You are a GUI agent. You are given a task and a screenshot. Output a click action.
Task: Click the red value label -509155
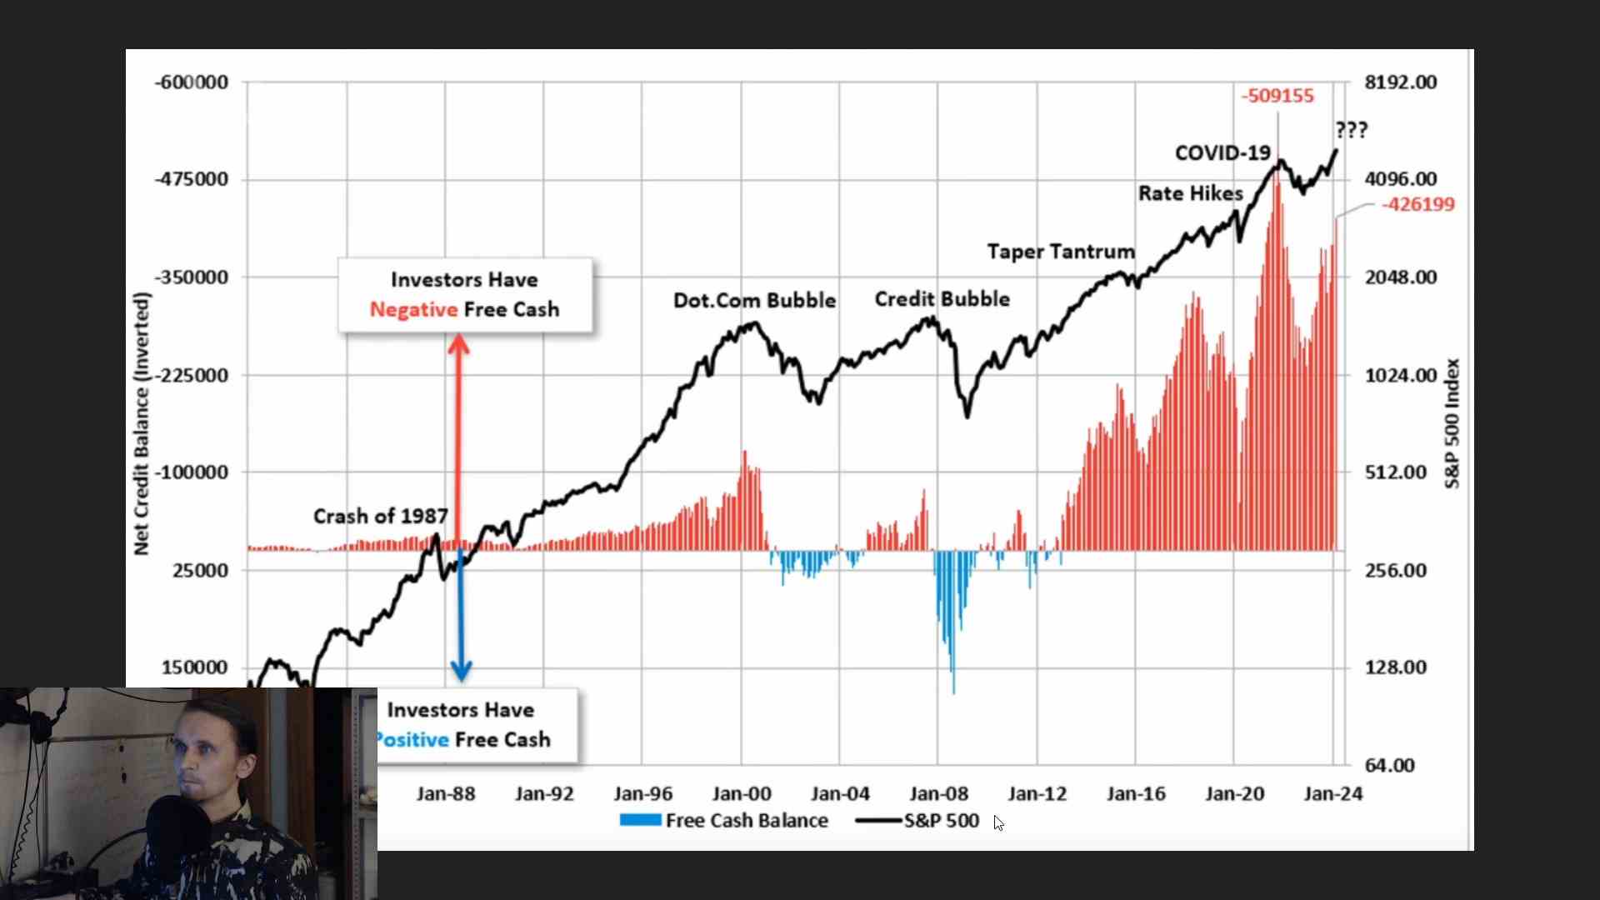click(1277, 96)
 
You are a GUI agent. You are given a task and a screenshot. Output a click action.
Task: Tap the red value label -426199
click(1417, 204)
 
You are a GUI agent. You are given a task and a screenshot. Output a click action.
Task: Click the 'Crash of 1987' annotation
click(380, 517)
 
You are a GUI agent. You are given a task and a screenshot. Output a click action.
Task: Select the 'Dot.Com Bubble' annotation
click(754, 300)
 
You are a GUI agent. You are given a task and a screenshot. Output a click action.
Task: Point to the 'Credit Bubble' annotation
click(942, 299)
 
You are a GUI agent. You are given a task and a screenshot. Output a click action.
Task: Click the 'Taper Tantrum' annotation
click(1060, 252)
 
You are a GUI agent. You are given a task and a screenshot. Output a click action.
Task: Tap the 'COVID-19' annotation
click(1222, 153)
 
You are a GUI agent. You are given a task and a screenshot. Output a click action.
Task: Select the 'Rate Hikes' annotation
click(1190, 193)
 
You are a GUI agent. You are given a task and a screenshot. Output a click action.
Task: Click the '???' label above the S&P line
click(1351, 130)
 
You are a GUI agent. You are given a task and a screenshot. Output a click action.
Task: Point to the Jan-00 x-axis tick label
click(742, 794)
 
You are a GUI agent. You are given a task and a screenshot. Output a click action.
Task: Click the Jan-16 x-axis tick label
click(1136, 794)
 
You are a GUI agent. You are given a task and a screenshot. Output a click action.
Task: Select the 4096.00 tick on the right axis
click(1400, 179)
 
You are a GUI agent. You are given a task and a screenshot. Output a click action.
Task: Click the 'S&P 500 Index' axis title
click(1452, 423)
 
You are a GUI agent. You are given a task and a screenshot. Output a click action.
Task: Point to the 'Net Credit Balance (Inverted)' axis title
click(142, 423)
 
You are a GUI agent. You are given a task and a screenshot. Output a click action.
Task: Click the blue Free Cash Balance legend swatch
click(640, 821)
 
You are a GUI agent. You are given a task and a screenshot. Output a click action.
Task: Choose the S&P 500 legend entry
click(941, 821)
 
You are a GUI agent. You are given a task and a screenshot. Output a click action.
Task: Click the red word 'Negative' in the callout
click(413, 310)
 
